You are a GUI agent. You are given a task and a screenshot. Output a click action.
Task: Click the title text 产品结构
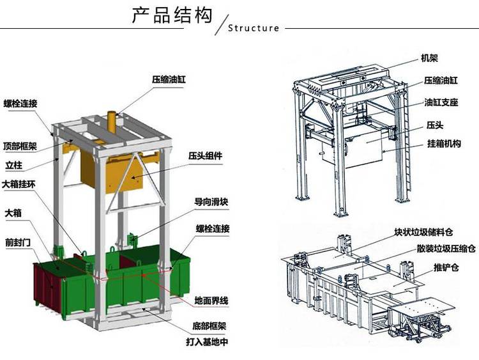pyautogui.click(x=172, y=15)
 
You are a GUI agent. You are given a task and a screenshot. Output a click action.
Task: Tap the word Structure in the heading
pyautogui.click(x=254, y=28)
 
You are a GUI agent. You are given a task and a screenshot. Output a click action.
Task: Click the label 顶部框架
pyautogui.click(x=20, y=146)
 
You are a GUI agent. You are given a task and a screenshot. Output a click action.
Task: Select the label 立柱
pyautogui.click(x=14, y=166)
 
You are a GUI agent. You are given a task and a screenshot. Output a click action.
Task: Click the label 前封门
pyautogui.click(x=17, y=242)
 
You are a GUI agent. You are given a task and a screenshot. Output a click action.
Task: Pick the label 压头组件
pyautogui.click(x=205, y=155)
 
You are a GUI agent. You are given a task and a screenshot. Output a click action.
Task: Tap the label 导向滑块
pyautogui.click(x=211, y=202)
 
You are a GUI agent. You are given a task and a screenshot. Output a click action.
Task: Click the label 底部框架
pyautogui.click(x=210, y=325)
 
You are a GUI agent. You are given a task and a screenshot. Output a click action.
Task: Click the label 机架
pyautogui.click(x=429, y=57)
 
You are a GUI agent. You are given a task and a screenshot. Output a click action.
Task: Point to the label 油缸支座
pyautogui.click(x=441, y=102)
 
